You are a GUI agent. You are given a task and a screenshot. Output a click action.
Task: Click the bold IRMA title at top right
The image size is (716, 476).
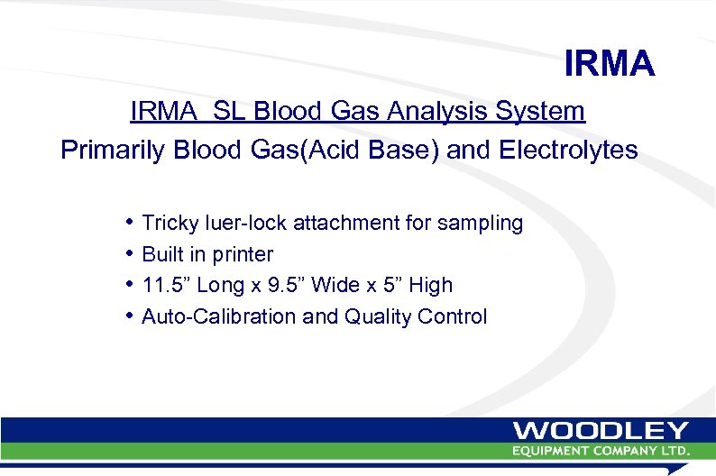click(609, 64)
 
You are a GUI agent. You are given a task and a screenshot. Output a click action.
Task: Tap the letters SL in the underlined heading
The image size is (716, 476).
click(232, 112)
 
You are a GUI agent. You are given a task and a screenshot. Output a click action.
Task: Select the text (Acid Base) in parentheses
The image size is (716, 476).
click(369, 150)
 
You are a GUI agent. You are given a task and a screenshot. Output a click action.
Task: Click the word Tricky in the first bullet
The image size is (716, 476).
click(170, 223)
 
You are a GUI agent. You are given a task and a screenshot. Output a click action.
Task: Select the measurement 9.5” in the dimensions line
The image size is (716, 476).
click(286, 285)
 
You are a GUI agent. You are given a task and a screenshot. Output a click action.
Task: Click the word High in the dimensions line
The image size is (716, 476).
click(430, 285)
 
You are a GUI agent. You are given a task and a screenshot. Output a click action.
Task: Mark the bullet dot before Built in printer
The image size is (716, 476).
click(131, 253)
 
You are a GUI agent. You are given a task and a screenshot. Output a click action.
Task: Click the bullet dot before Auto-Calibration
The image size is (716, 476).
click(131, 316)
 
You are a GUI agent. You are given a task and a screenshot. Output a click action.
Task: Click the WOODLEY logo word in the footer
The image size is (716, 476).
click(601, 431)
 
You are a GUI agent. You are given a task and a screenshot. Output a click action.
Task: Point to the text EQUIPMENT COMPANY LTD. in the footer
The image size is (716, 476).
click(601, 450)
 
